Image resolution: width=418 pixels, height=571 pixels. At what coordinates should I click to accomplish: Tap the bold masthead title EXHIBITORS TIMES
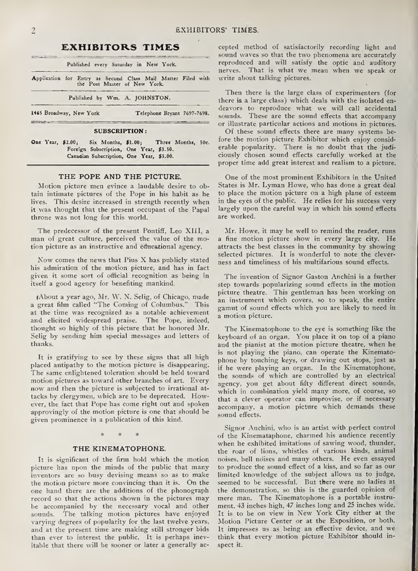coord(120,48)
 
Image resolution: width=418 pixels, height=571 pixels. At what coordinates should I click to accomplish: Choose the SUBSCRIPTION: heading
coord(120,131)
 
